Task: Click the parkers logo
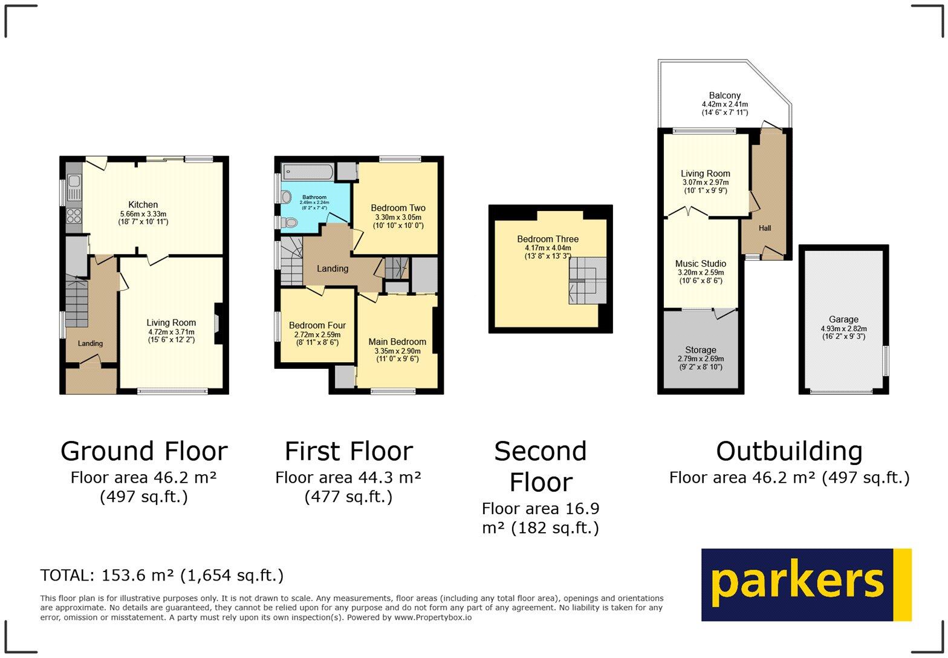(805, 584)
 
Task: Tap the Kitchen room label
(143, 205)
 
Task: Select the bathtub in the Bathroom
(308, 172)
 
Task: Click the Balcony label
(724, 96)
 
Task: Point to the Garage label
(843, 319)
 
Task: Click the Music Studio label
(700, 264)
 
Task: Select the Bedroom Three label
(548, 239)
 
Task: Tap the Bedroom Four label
(317, 325)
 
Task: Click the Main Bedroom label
(397, 342)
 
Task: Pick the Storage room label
(700, 350)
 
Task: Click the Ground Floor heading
(144, 451)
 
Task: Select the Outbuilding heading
(789, 451)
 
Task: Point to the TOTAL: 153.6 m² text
(161, 575)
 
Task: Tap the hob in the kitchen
(74, 215)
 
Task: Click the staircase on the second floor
(586, 280)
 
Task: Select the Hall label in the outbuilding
(765, 228)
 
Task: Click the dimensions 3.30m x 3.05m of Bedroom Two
(397, 217)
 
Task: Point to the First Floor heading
(348, 451)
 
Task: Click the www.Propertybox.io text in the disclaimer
(433, 617)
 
